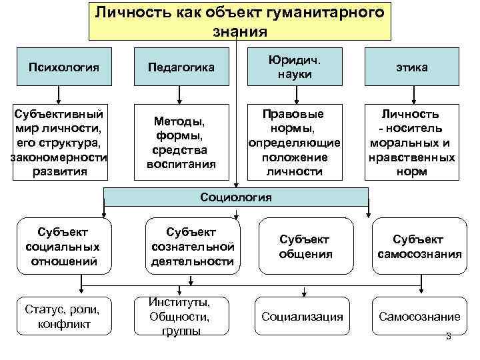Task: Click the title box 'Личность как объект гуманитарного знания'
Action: pyautogui.click(x=239, y=21)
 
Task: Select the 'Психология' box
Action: pyautogui.click(x=64, y=67)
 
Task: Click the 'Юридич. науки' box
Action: pyautogui.click(x=294, y=67)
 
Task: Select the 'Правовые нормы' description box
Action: pyautogui.click(x=294, y=141)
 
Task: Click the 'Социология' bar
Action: pyautogui.click(x=235, y=197)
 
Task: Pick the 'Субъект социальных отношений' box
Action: pyautogui.click(x=63, y=246)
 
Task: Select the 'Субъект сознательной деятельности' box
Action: pyautogui.click(x=192, y=246)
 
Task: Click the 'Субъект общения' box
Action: pyautogui.click(x=305, y=246)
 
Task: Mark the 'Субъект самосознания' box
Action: pyautogui.click(x=419, y=246)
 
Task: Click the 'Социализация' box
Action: pyautogui.click(x=303, y=317)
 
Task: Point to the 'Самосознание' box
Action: pyautogui.click(x=419, y=317)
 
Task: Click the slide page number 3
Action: pyautogui.click(x=448, y=336)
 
